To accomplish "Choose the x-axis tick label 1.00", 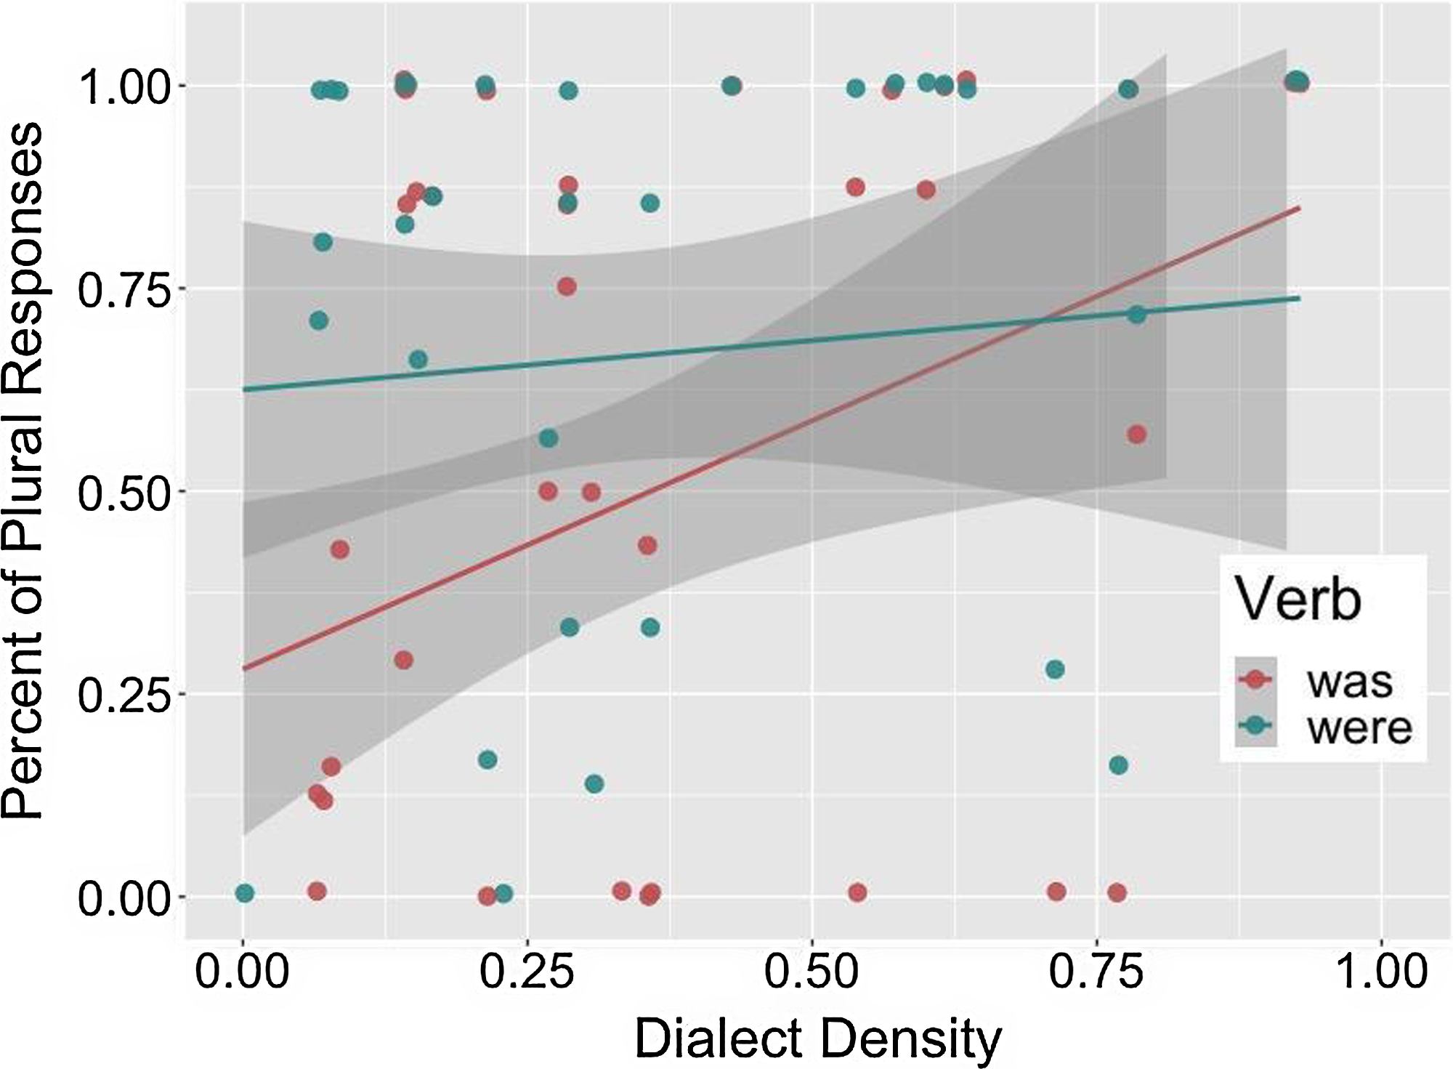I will pyautogui.click(x=1381, y=972).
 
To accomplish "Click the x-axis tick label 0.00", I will pyautogui.click(x=243, y=972).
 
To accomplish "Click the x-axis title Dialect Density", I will pyautogui.click(x=817, y=1038).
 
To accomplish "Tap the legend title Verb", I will pyautogui.click(x=1298, y=600).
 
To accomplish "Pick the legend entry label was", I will pyautogui.click(x=1350, y=682).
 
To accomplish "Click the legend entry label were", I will pyautogui.click(x=1359, y=727).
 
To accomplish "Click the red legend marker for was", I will pyautogui.click(x=1255, y=679).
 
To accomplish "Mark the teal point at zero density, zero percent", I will pyautogui.click(x=245, y=893).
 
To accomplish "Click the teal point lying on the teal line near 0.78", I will pyautogui.click(x=1137, y=315).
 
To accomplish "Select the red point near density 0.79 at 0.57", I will pyautogui.click(x=1137, y=435).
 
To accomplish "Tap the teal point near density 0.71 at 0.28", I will pyautogui.click(x=1055, y=669).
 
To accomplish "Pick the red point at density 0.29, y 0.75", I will pyautogui.click(x=567, y=286).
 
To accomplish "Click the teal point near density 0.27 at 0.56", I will pyautogui.click(x=549, y=438).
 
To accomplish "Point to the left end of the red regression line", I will pyautogui.click(x=244, y=669).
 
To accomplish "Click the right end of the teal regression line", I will pyautogui.click(x=1299, y=298).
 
